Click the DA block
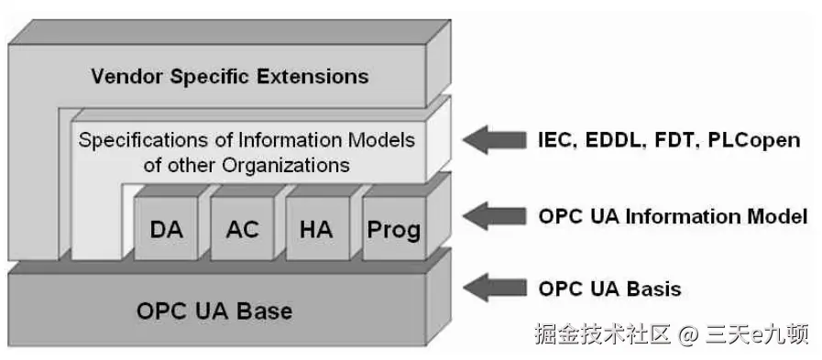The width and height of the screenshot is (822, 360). [166, 228]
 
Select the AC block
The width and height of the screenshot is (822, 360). [242, 228]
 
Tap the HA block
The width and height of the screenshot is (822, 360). [316, 228]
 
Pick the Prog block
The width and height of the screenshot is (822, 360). [393, 228]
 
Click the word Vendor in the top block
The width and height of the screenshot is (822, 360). [125, 75]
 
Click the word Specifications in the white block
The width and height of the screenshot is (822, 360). [136, 141]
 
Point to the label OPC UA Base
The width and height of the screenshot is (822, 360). [214, 311]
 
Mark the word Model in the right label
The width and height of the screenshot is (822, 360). [778, 217]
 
